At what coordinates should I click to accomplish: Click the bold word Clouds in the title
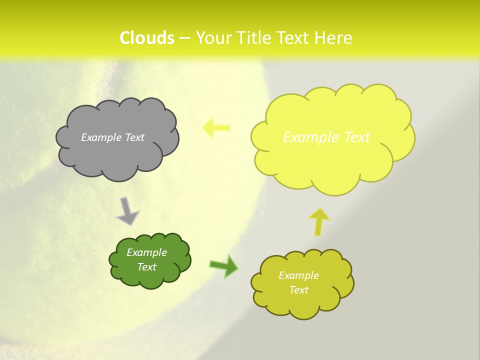(147, 38)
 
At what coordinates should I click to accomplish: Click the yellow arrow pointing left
(216, 127)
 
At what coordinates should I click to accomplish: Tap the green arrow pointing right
(223, 266)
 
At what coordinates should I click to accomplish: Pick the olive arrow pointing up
(319, 221)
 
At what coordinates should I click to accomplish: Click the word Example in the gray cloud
(101, 137)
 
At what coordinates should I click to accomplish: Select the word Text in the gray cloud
(134, 137)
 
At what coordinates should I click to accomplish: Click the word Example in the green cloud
(147, 252)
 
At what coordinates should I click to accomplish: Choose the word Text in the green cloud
(147, 267)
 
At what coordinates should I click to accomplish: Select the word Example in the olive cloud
(298, 275)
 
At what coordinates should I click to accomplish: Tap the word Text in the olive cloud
(298, 290)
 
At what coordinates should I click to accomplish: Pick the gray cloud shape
(117, 160)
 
